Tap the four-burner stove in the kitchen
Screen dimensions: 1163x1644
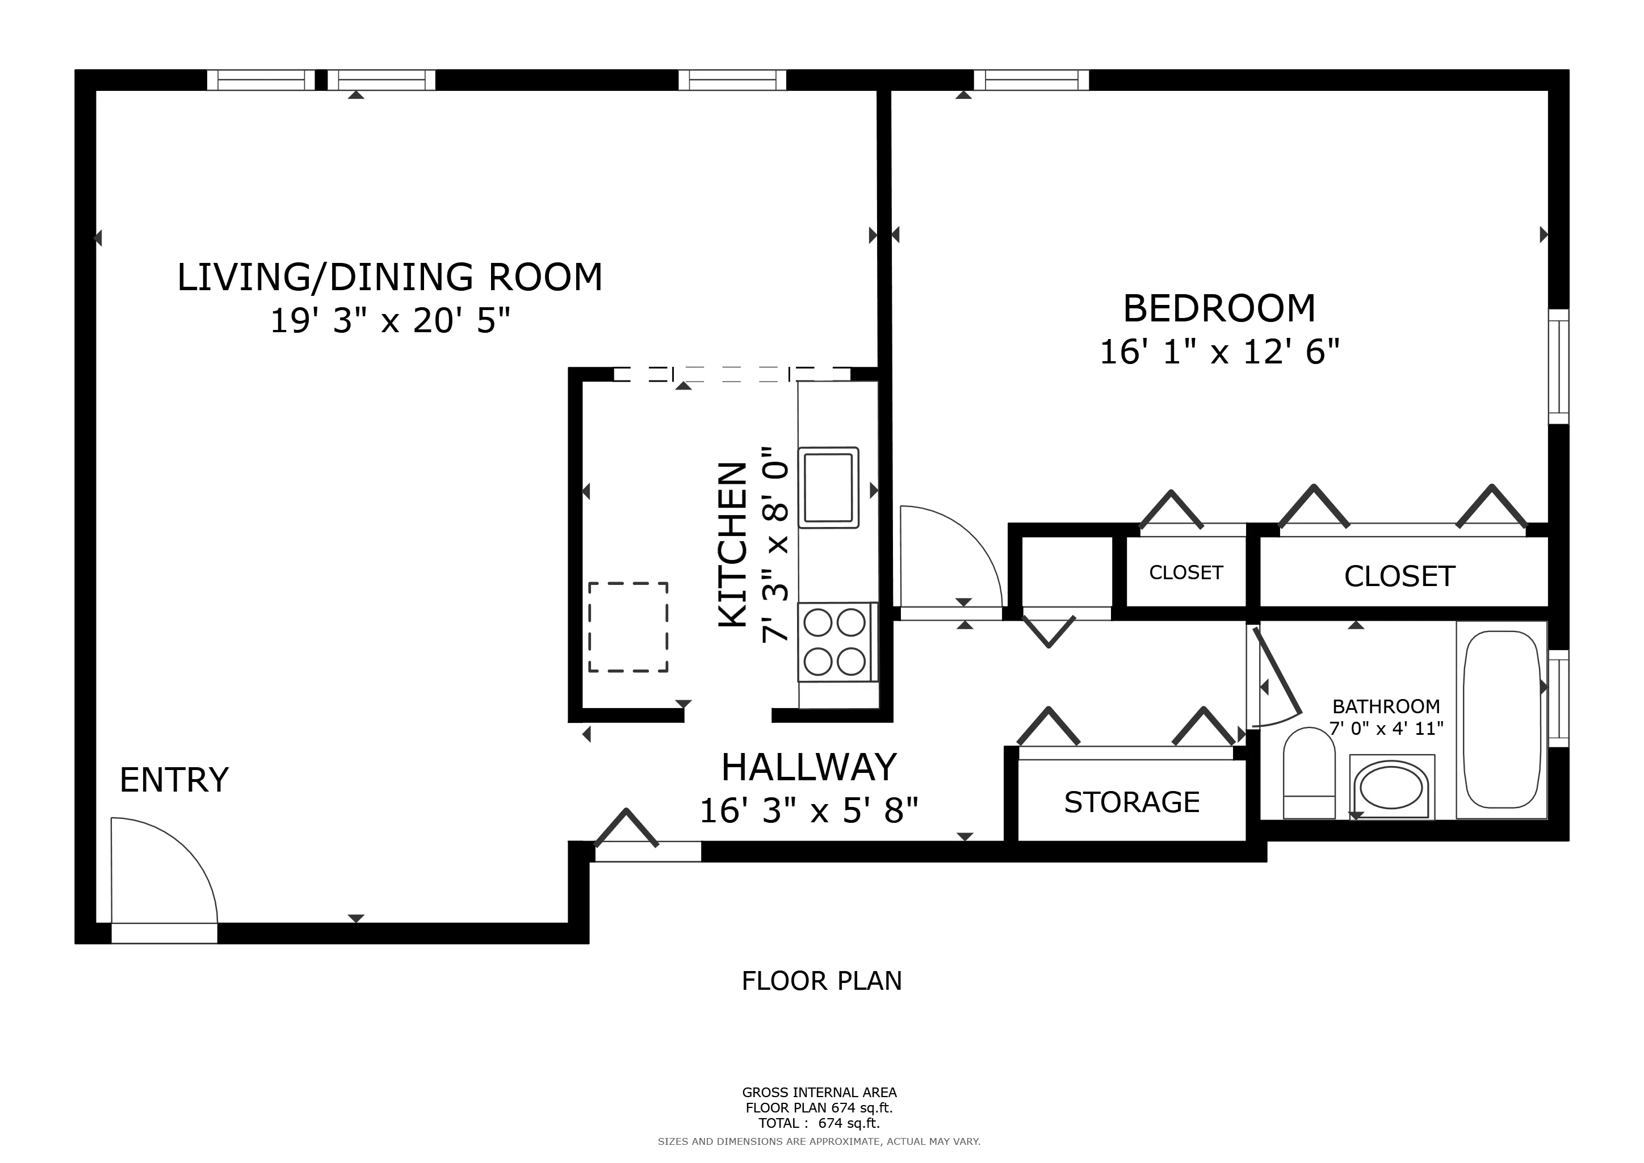point(835,642)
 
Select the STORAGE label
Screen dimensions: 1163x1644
point(1131,803)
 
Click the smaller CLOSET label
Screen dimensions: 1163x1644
point(1186,573)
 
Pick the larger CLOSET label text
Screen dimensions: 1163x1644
point(1399,576)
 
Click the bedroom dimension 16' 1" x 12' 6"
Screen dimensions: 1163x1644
point(1219,352)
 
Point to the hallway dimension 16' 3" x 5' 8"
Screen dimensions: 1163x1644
point(808,811)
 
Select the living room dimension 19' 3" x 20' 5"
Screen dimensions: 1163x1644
point(390,321)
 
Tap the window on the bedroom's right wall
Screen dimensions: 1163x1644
point(1558,367)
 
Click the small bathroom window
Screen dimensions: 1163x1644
point(1558,698)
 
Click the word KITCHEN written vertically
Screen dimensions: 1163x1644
point(732,546)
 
